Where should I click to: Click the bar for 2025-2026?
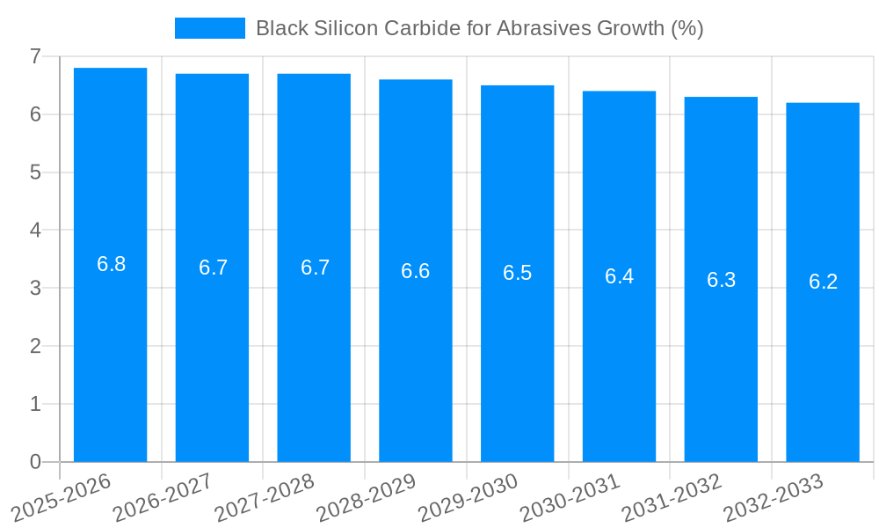[x=110, y=264]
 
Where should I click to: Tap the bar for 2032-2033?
[x=823, y=282]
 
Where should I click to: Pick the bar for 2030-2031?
[x=619, y=276]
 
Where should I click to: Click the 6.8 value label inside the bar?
[x=112, y=264]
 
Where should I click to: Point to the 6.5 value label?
[x=518, y=273]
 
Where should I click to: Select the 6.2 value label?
[x=824, y=282]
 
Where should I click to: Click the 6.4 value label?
[x=620, y=276]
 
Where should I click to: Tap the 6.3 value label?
[x=722, y=280]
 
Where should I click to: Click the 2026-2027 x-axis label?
[x=164, y=498]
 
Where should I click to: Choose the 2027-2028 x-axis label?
[x=265, y=498]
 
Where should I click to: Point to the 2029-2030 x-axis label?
[x=469, y=498]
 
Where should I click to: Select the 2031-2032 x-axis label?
[x=672, y=498]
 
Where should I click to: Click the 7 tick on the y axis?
[x=35, y=56]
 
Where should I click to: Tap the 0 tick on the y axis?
[x=35, y=462]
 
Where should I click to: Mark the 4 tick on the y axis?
[x=35, y=231]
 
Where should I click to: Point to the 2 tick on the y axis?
[x=35, y=346]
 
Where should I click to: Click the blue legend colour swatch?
[x=210, y=28]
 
